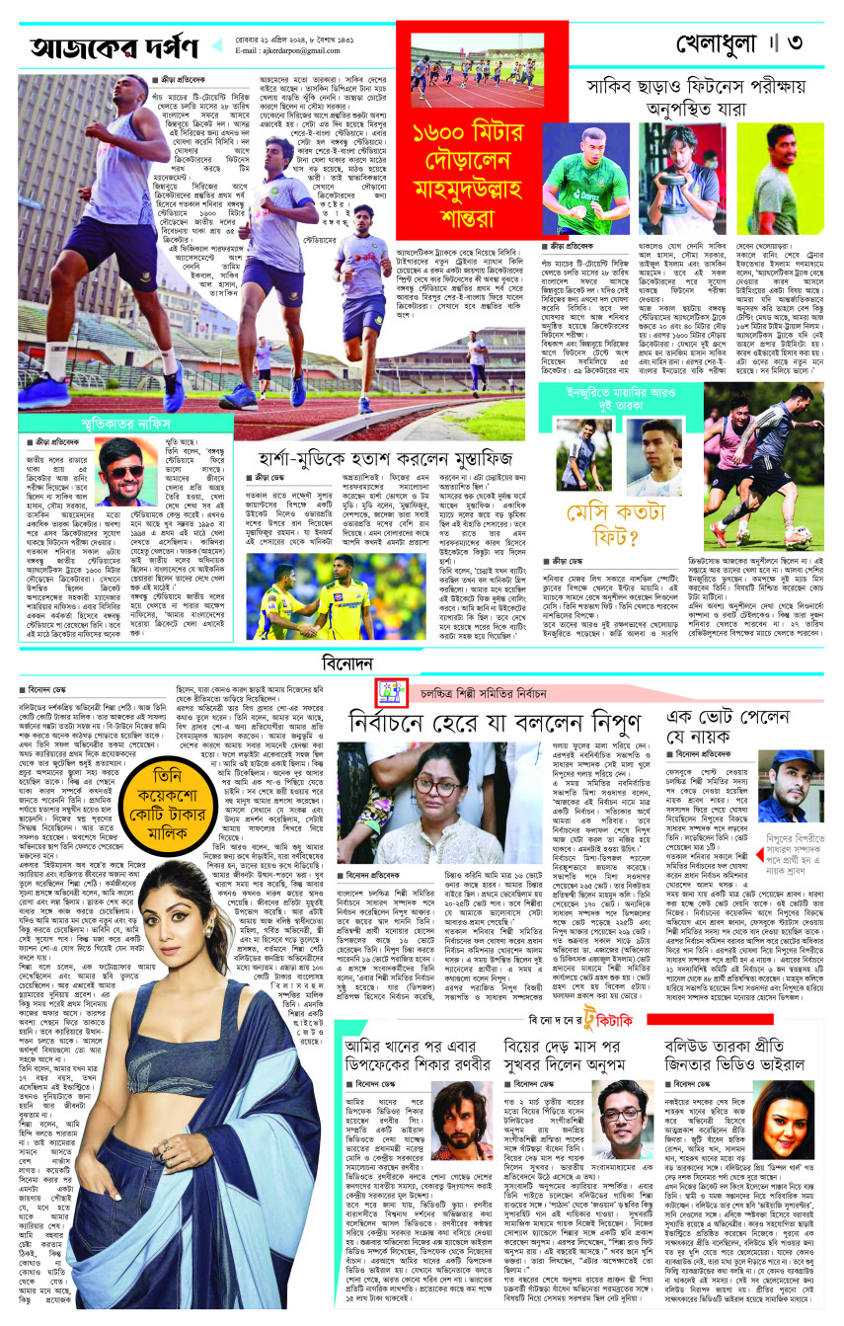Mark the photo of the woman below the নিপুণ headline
[445, 801]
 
